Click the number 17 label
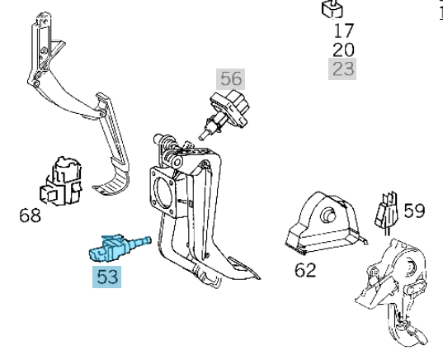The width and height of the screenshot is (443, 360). click(343, 31)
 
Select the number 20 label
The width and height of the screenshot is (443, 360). click(343, 50)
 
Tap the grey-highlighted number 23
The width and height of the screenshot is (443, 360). click(343, 69)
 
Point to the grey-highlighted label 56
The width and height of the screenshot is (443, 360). click(231, 79)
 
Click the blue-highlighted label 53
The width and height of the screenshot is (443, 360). click(107, 277)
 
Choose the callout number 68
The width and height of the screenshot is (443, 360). click(29, 217)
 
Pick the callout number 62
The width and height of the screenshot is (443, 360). click(306, 270)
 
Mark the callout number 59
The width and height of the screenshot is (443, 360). click(414, 211)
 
